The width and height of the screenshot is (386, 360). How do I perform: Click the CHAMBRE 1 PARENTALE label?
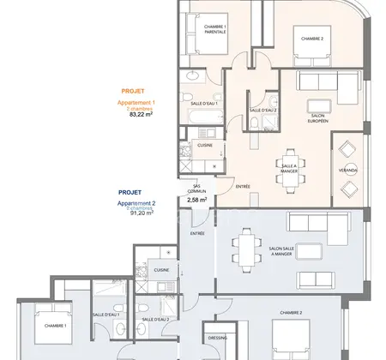point(215,29)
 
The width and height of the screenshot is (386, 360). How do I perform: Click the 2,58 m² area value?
point(197,201)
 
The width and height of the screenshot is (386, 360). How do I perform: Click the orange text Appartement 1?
point(135,103)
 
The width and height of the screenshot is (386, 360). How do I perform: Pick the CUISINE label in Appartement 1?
point(205,145)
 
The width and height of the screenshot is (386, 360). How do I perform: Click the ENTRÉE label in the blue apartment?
point(197,233)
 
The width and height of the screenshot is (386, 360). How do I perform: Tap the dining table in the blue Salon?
point(246,245)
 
